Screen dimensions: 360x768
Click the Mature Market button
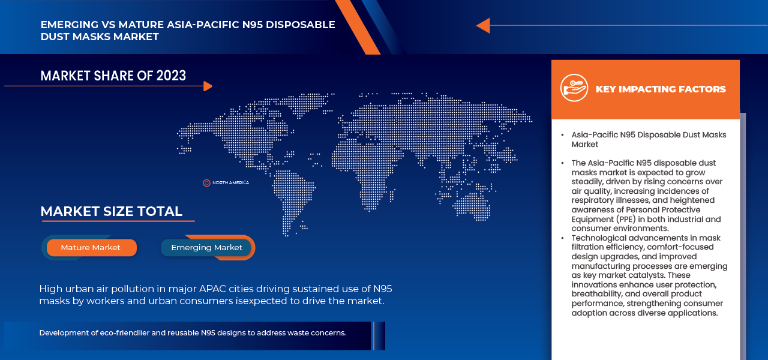91,247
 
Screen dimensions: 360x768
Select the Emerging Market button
206,247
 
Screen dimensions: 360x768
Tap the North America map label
230,182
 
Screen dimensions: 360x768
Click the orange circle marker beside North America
206,182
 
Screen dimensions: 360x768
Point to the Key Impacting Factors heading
661,89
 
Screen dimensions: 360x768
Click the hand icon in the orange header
574,88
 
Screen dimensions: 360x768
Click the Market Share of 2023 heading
113,76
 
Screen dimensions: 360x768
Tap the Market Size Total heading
111,211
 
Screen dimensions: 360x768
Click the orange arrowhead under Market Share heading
208,86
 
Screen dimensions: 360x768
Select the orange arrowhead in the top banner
483,26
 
